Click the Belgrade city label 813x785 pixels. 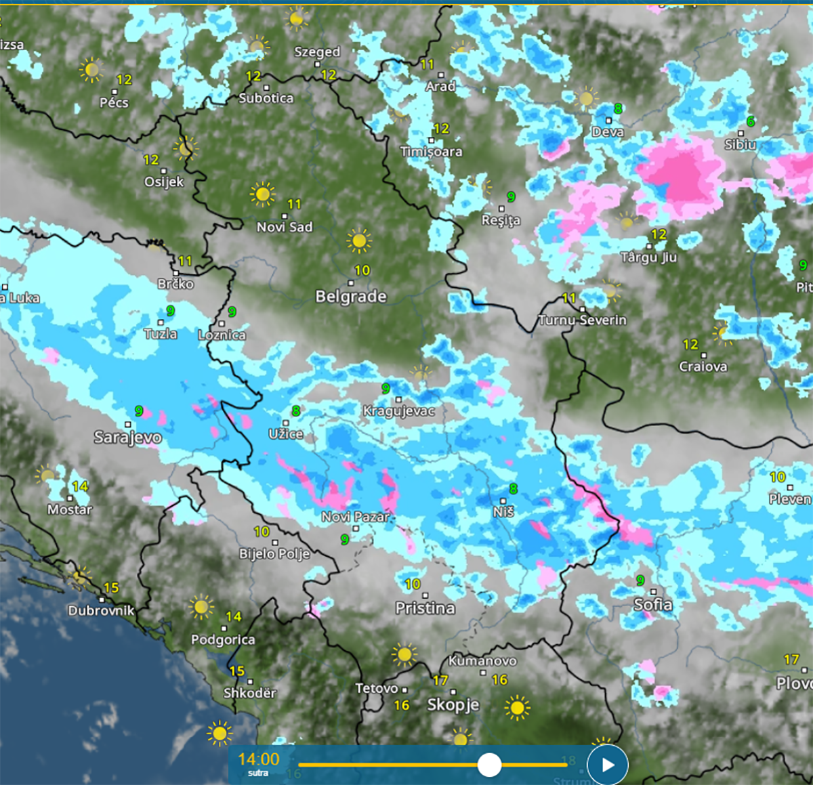click(x=351, y=297)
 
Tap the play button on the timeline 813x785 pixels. click(x=608, y=765)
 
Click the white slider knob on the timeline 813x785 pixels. click(x=489, y=765)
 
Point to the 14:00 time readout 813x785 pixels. click(x=258, y=759)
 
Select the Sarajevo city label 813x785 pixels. click(x=127, y=438)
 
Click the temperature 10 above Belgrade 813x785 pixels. click(x=362, y=271)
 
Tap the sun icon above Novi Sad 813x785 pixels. click(x=263, y=194)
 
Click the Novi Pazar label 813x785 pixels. click(x=356, y=517)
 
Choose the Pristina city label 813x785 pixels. click(x=425, y=608)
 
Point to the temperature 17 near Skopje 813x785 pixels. click(x=440, y=680)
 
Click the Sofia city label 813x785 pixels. click(x=653, y=605)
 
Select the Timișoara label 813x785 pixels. click(x=431, y=152)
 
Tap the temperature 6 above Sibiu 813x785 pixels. click(x=750, y=122)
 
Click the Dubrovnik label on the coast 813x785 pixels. click(x=101, y=611)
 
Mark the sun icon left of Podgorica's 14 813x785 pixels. click(x=201, y=607)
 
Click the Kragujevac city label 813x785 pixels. click(x=399, y=411)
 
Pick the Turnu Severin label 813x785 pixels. click(x=582, y=320)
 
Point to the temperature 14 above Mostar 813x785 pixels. click(x=80, y=486)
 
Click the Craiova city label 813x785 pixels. click(x=703, y=366)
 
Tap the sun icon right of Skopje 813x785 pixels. click(x=517, y=708)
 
